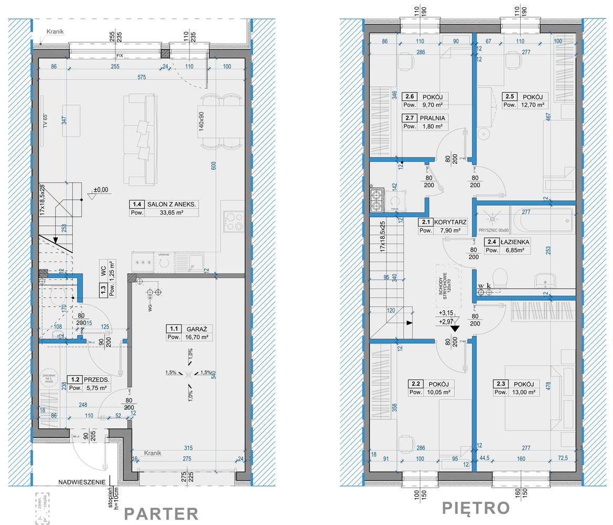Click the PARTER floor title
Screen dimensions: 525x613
pos(161,513)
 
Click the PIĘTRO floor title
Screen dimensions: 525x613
pos(475,508)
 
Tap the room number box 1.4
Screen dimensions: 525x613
pos(138,204)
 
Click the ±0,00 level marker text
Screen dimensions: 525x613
pos(101,190)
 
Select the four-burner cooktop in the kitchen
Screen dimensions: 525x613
pos(234,221)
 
